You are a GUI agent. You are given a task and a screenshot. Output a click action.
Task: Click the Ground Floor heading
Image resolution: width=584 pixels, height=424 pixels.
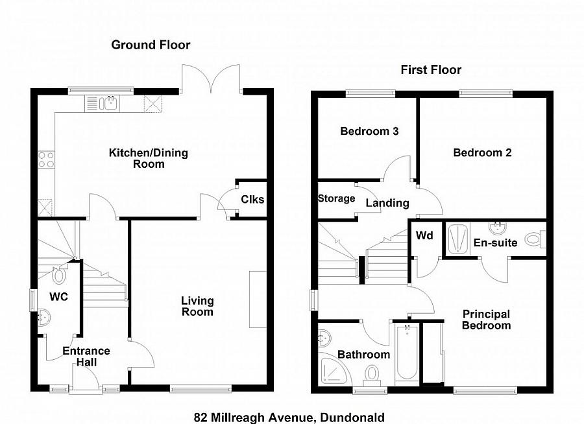151,45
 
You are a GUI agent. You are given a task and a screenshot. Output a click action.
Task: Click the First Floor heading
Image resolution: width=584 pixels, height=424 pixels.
431,70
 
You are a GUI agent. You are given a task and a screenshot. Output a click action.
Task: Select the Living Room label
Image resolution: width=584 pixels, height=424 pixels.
197,307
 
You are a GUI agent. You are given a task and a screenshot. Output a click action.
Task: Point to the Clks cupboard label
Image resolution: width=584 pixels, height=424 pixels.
252,199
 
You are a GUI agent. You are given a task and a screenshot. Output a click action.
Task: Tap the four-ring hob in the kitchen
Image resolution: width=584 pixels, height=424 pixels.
46,159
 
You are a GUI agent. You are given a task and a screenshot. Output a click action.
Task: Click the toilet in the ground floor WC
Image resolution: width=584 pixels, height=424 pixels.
59,276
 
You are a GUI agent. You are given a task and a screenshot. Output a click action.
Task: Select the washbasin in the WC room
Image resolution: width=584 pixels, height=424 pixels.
45,318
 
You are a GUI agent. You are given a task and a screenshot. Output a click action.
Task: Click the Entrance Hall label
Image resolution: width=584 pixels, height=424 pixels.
86,357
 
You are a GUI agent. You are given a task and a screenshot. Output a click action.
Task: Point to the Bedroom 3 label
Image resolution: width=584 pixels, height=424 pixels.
369,131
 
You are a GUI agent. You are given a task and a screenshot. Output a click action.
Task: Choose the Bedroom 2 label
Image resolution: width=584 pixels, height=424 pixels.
482,153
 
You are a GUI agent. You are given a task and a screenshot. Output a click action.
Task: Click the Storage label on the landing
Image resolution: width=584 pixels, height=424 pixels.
336,198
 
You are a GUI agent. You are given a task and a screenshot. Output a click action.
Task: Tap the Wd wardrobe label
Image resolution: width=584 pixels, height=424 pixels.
424,235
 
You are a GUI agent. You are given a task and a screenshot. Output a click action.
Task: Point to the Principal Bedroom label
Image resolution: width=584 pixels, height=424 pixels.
486,320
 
